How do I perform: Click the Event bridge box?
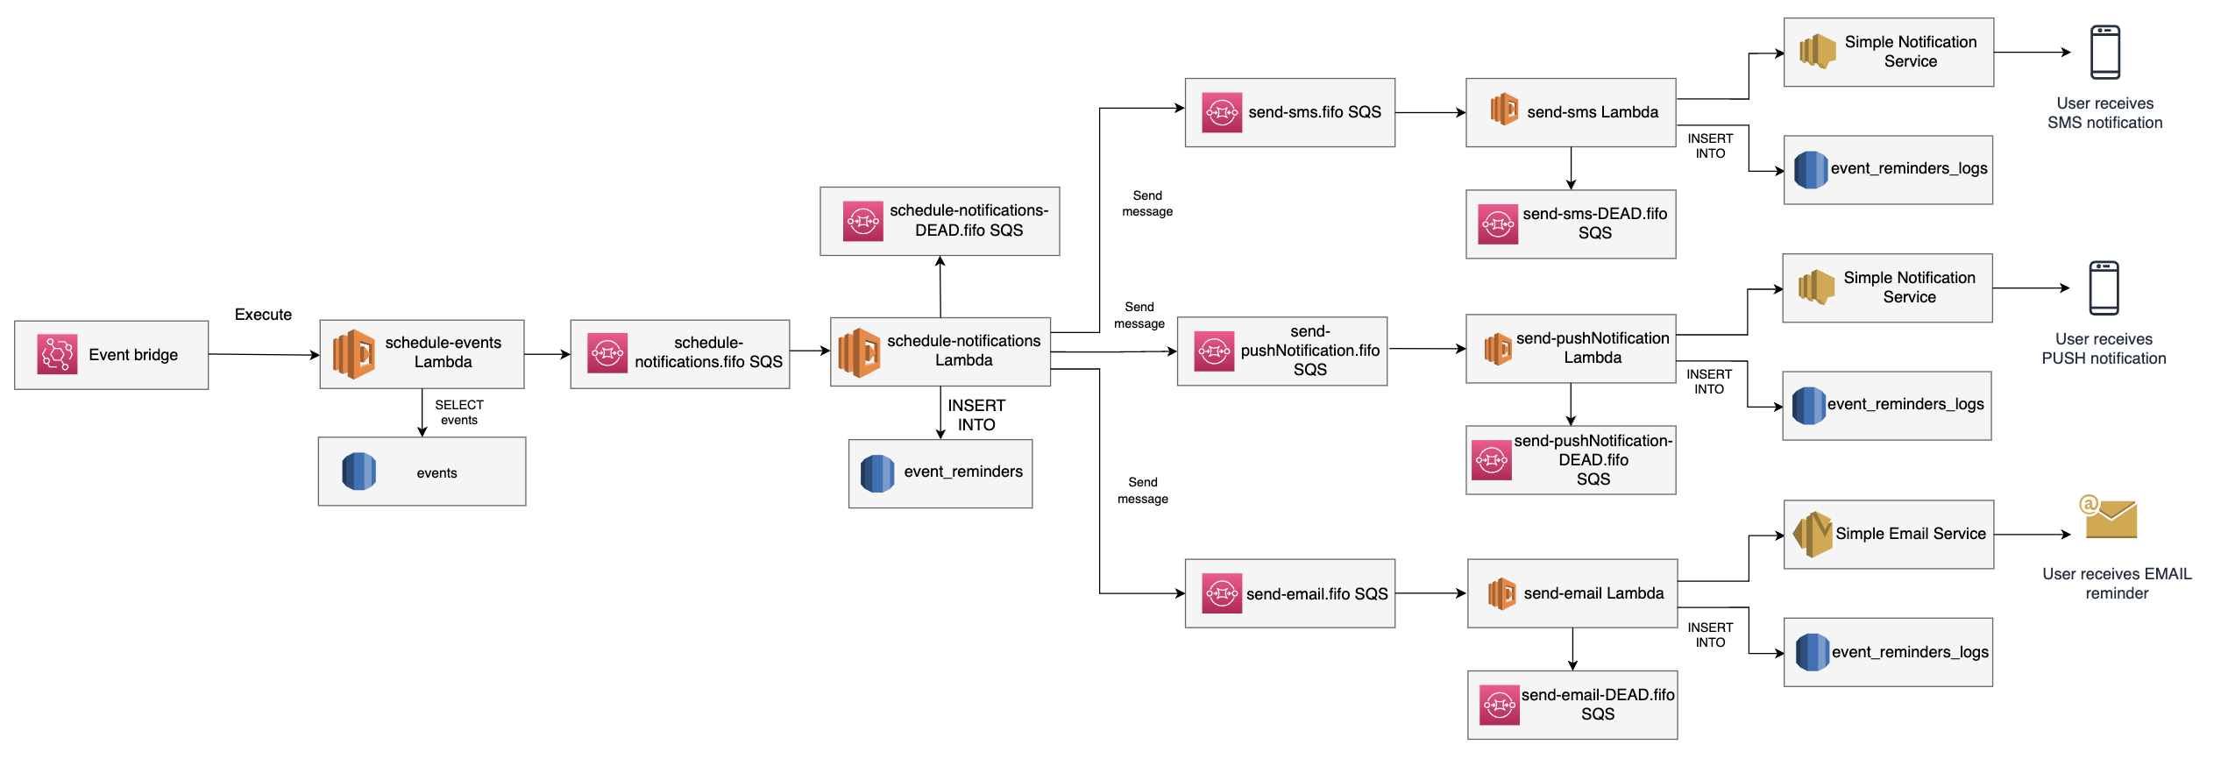(x=111, y=355)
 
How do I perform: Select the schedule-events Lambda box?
(x=422, y=354)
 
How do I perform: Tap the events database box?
(x=422, y=472)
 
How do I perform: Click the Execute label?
(x=263, y=315)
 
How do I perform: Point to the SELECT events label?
(x=459, y=412)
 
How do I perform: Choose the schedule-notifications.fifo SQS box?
(x=679, y=354)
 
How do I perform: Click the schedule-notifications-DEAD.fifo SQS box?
(x=940, y=221)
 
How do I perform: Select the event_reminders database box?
(x=940, y=473)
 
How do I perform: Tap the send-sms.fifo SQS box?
(x=1289, y=113)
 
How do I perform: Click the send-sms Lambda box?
(x=1571, y=113)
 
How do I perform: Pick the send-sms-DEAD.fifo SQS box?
(x=1571, y=224)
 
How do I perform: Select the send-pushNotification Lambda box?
(x=1571, y=349)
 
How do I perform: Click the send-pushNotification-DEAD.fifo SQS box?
(x=1571, y=460)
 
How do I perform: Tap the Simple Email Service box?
(x=1889, y=535)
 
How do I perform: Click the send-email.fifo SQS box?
(x=1289, y=593)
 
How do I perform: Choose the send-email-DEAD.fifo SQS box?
(x=1572, y=705)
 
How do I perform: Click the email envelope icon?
(x=2110, y=518)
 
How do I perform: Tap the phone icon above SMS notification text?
(x=2104, y=53)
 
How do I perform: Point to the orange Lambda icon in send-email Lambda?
(x=1501, y=594)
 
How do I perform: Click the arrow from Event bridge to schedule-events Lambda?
(x=263, y=355)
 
